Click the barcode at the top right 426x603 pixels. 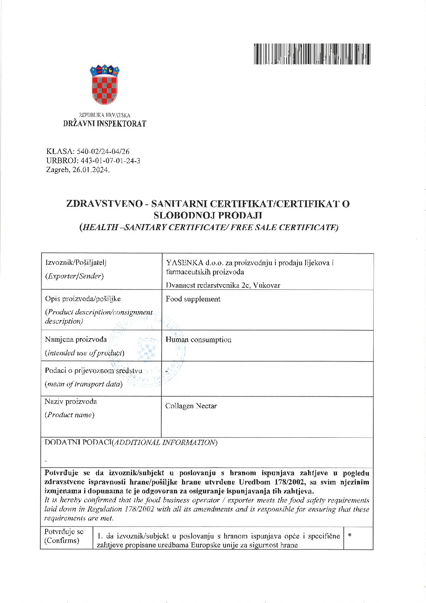click(312, 54)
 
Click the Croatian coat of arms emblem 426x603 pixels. click(105, 85)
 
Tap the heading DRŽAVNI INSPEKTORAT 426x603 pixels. click(105, 124)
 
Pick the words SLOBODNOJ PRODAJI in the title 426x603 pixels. click(208, 215)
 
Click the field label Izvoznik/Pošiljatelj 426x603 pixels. click(76, 262)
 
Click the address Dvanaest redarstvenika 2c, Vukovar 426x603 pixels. click(223, 285)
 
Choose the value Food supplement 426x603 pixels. click(193, 299)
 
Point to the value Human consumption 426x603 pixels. click(199, 340)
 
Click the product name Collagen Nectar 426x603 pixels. click(191, 406)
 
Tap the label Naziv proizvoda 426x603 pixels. click(71, 401)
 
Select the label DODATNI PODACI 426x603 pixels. click(78, 442)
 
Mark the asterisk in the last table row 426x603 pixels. click(350, 535)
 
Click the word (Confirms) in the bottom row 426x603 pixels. click(62, 541)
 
